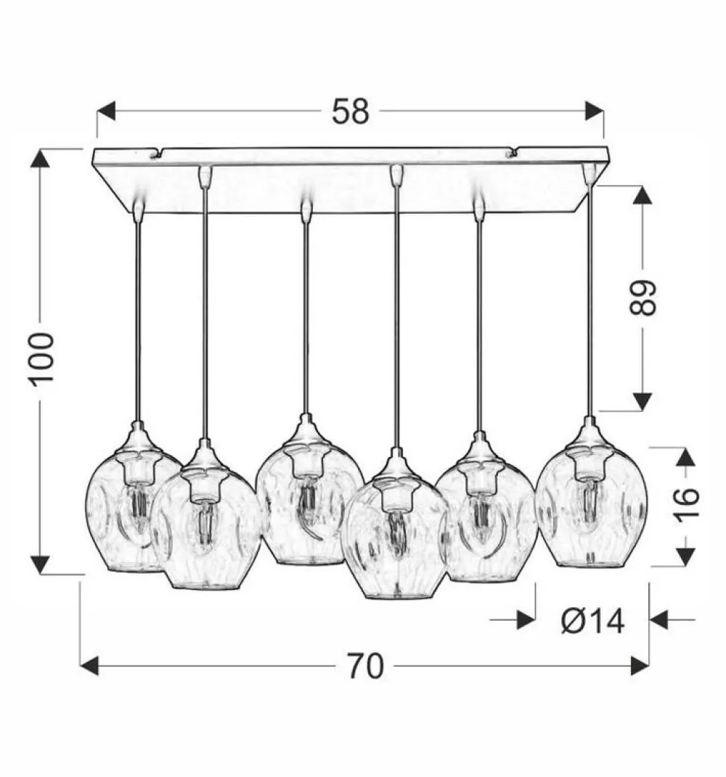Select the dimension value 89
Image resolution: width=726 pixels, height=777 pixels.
tap(643, 297)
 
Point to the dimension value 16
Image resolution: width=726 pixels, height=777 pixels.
tap(686, 503)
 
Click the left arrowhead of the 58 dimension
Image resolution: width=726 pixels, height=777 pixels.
tap(106, 110)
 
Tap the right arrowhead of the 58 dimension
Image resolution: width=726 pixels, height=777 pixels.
tap(595, 110)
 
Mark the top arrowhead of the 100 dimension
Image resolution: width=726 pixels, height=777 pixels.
tap(40, 158)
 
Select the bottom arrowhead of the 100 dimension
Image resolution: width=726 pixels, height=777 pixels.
tap(40, 564)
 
